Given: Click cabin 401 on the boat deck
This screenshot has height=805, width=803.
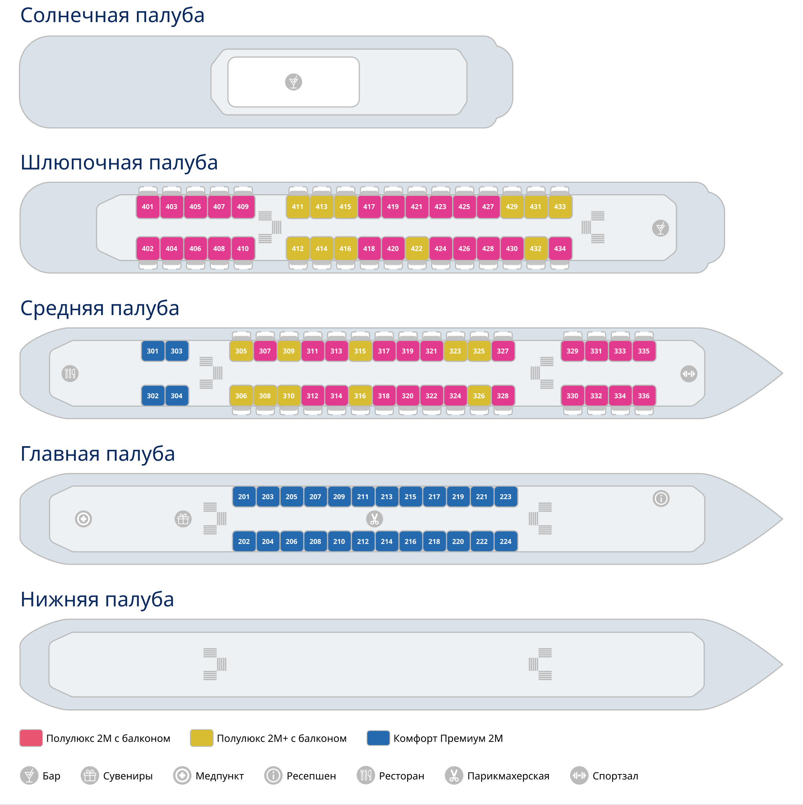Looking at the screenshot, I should [x=147, y=207].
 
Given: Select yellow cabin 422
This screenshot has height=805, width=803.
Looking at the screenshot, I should [x=416, y=249].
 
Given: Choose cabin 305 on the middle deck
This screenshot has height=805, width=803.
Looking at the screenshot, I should [x=240, y=351].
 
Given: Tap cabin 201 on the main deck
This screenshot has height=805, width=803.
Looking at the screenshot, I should [x=244, y=497].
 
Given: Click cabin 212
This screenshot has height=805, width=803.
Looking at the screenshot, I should [x=363, y=542].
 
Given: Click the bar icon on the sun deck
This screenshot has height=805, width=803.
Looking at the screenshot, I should [x=293, y=82].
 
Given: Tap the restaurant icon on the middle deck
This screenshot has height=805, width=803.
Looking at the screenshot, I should [x=70, y=373].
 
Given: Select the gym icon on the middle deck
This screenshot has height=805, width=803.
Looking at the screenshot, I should [x=689, y=374].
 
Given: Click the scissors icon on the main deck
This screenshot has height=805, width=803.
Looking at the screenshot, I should [x=374, y=519].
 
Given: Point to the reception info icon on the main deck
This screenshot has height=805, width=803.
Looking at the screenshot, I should [x=660, y=498].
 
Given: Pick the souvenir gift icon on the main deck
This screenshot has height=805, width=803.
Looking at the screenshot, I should [x=183, y=519].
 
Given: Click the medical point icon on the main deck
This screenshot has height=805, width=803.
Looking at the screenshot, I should [x=83, y=519].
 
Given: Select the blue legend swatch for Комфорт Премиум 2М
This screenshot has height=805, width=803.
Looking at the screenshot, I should [x=378, y=738].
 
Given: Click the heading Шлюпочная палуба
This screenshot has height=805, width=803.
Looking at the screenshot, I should [x=119, y=162].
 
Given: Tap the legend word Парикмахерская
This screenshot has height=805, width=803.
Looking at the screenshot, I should [x=508, y=776].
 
